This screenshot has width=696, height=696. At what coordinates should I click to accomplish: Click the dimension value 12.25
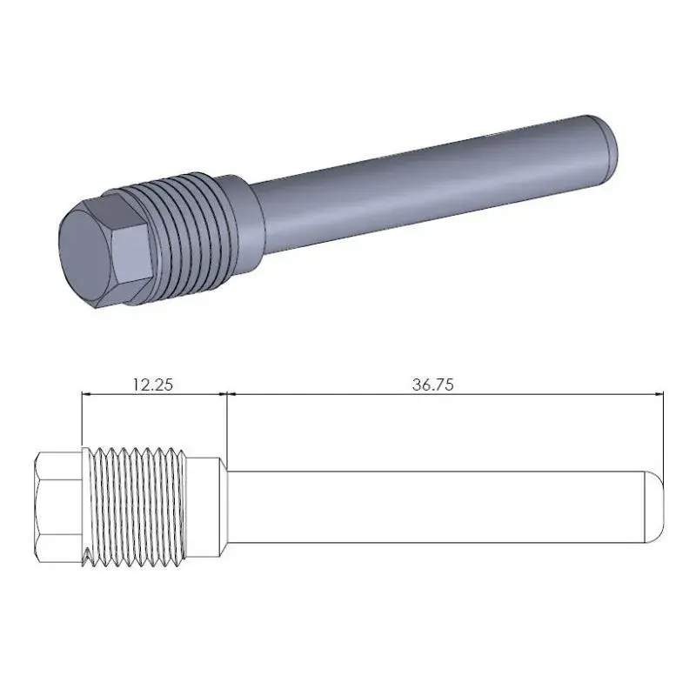(x=152, y=384)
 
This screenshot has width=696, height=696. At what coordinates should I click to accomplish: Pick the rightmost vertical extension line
(x=663, y=435)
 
